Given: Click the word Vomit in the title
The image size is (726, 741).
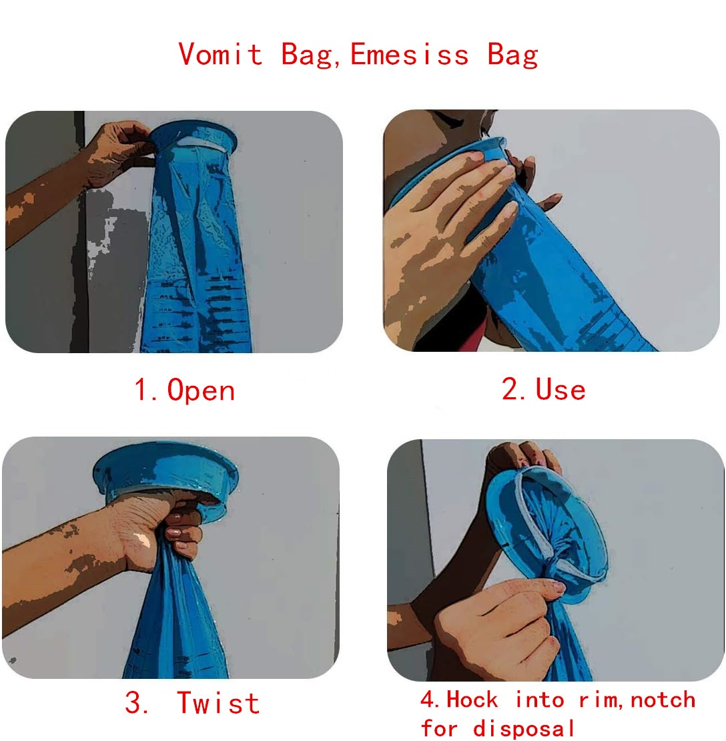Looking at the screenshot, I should pyautogui.click(x=221, y=53).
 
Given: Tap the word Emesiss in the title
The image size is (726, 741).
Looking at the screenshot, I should pyautogui.click(x=409, y=53).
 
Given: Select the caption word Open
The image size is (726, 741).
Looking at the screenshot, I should pyautogui.click(x=201, y=390).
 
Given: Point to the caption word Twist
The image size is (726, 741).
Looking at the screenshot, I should pyautogui.click(x=218, y=703).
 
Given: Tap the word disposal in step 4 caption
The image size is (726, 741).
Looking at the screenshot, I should pyautogui.click(x=524, y=727).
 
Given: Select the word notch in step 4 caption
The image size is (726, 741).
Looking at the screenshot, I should pyautogui.click(x=663, y=700).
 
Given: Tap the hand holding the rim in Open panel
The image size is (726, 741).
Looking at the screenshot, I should pyautogui.click(x=120, y=150).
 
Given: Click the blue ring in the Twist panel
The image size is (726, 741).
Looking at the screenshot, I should pyautogui.click(x=167, y=467).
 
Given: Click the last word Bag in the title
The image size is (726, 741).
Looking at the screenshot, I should pyautogui.click(x=512, y=53).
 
